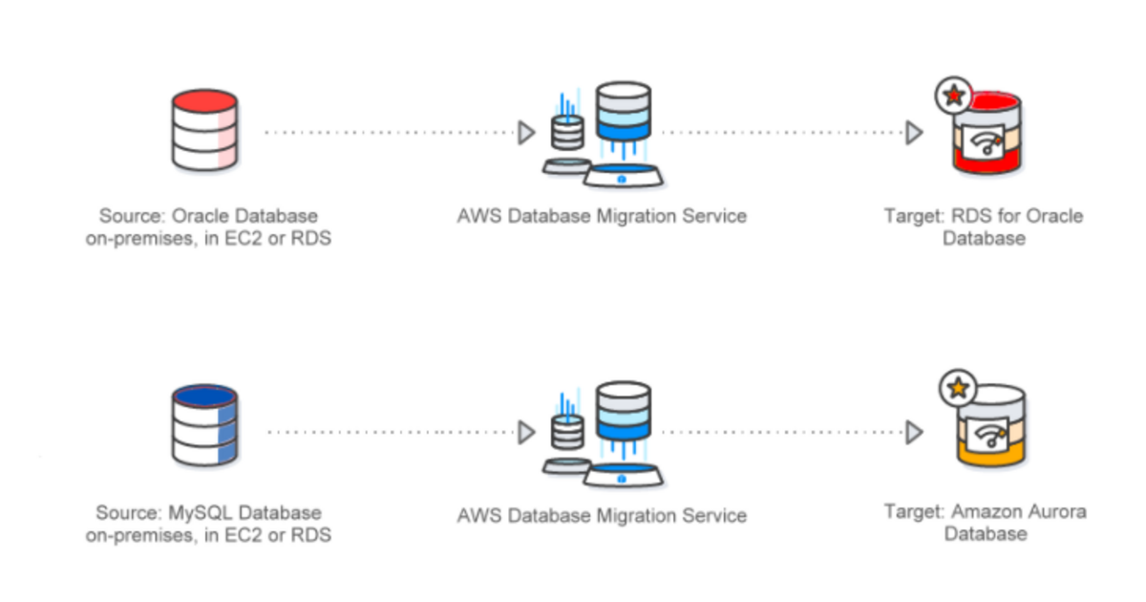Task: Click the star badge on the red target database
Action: (953, 96)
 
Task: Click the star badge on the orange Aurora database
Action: (953, 389)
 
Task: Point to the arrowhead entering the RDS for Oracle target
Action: (914, 133)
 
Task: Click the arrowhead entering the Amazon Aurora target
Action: (914, 432)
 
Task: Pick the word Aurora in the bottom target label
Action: (1057, 511)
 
